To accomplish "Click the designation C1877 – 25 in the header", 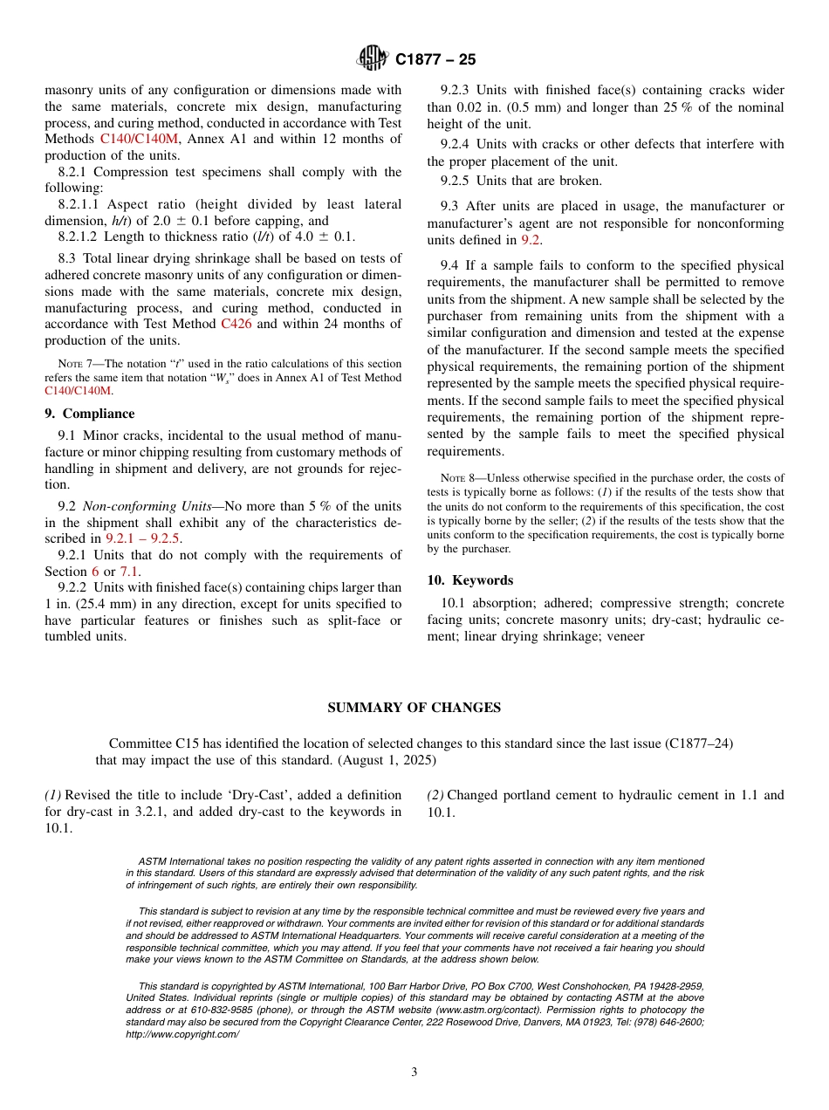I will click(435, 59).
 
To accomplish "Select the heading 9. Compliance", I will click(90, 414).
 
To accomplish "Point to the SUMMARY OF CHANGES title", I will click(414, 708).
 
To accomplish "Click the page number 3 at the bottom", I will click(414, 1072).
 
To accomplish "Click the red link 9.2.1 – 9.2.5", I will click(143, 538).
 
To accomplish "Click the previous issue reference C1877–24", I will click(696, 743).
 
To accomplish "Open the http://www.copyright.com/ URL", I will click(182, 1034).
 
